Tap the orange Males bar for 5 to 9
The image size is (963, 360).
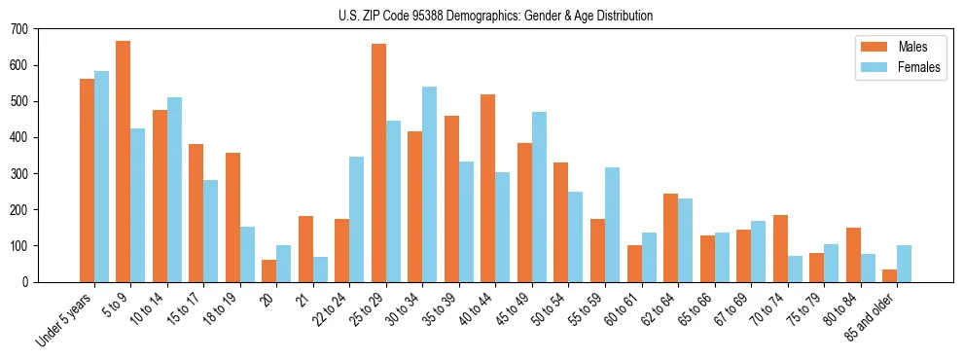(x=124, y=162)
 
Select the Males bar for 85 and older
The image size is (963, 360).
(x=889, y=276)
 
